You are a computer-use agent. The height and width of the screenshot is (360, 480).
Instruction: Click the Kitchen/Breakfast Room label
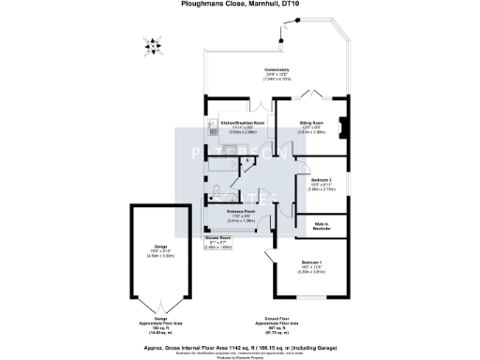pos(242,123)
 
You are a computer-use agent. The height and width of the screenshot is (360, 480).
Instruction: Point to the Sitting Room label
pos(311,123)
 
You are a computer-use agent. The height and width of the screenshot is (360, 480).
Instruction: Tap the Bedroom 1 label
pos(311,261)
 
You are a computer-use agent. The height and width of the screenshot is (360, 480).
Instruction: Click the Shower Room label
pos(218,239)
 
